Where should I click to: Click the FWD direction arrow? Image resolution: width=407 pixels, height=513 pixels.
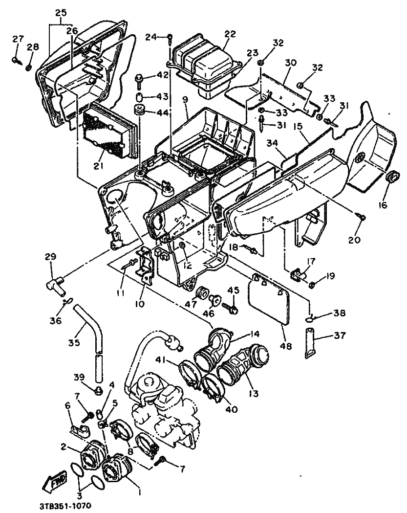point(54,481)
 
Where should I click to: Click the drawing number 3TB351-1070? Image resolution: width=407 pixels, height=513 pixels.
point(65,506)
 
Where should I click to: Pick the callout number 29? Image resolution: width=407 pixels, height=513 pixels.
point(51,256)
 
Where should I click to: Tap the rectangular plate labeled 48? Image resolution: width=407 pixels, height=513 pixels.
point(269,299)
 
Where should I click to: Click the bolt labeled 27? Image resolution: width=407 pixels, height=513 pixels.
point(16,61)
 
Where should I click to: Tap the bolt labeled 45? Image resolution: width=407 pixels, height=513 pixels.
point(231,308)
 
